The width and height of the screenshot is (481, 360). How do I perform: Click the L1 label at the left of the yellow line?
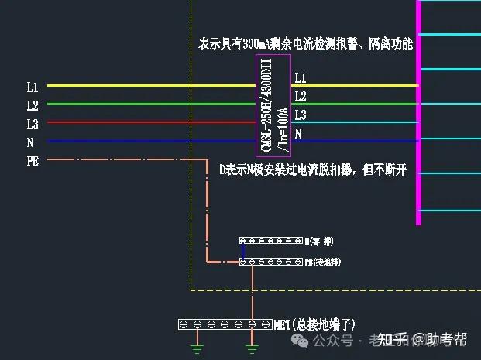point(33,86)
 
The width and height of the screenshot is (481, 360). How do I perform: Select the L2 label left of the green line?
point(33,105)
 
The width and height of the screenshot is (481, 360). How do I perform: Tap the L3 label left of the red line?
point(33,123)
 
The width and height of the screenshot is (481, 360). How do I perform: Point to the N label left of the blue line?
point(30,142)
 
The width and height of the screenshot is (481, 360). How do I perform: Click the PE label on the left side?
point(33,161)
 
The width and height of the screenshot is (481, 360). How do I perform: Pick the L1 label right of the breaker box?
point(301,78)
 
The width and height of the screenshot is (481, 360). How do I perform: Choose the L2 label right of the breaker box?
point(301,97)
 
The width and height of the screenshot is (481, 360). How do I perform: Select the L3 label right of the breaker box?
point(301,115)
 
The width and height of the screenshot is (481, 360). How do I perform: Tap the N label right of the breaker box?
point(298,134)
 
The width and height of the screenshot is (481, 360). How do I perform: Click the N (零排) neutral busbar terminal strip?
point(270,242)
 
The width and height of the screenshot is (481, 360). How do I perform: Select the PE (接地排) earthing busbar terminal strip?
point(270,262)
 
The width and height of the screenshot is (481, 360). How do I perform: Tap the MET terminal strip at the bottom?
point(224,324)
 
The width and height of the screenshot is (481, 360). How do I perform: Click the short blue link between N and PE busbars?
point(243,252)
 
